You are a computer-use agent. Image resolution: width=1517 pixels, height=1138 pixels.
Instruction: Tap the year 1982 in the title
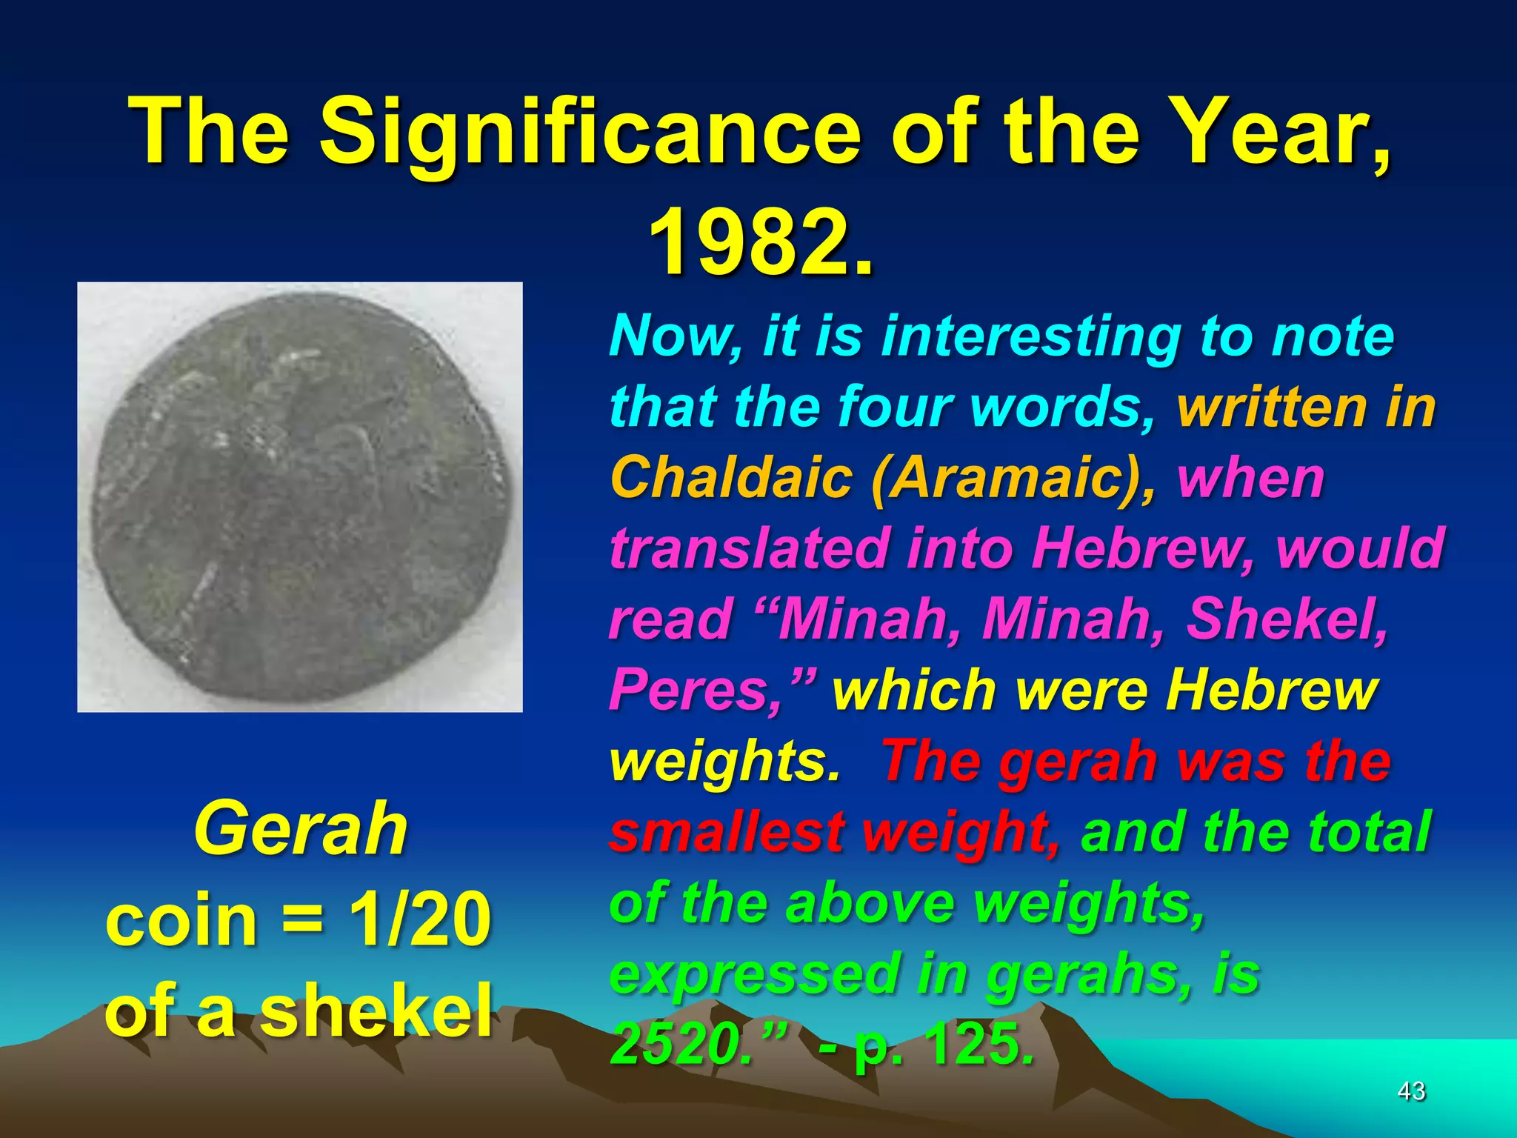[748, 242]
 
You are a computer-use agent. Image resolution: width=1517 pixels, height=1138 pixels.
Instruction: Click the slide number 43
[1410, 1091]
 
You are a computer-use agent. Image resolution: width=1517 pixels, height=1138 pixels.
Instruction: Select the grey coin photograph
[300, 497]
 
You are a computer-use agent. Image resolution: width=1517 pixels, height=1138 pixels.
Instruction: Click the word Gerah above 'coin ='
[300, 828]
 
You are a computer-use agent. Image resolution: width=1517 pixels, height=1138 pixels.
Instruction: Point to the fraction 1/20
[420, 919]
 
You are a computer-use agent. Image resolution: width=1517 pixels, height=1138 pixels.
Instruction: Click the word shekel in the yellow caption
[376, 1010]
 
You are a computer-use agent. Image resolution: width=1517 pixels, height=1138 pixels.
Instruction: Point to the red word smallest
[727, 832]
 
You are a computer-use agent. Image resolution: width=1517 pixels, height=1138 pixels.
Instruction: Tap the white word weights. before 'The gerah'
[723, 762]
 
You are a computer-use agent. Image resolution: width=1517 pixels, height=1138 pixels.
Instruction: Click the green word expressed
[753, 974]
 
